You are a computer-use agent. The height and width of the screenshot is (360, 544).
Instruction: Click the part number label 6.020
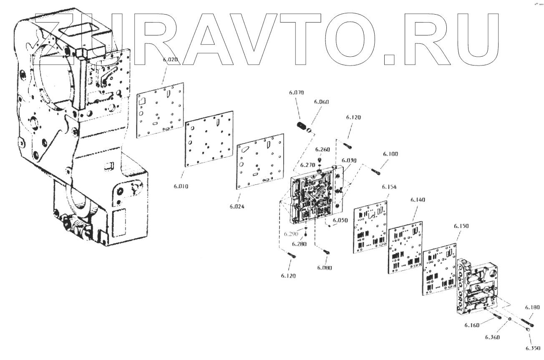[170, 60]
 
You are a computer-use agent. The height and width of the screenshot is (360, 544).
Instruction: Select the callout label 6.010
[181, 186]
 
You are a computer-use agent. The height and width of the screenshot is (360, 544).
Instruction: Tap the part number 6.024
[237, 206]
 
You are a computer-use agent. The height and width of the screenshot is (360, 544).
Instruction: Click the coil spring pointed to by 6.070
[302, 126]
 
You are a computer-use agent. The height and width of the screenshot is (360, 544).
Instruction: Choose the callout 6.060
[321, 102]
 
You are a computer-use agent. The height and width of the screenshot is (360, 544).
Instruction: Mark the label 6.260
[322, 149]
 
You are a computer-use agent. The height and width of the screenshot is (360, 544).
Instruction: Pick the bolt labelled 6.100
[377, 171]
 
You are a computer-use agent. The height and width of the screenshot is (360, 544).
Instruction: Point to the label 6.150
[461, 226]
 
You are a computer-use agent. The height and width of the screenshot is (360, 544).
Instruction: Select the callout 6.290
[292, 234]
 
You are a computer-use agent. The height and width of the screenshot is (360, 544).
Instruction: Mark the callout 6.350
[533, 348]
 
